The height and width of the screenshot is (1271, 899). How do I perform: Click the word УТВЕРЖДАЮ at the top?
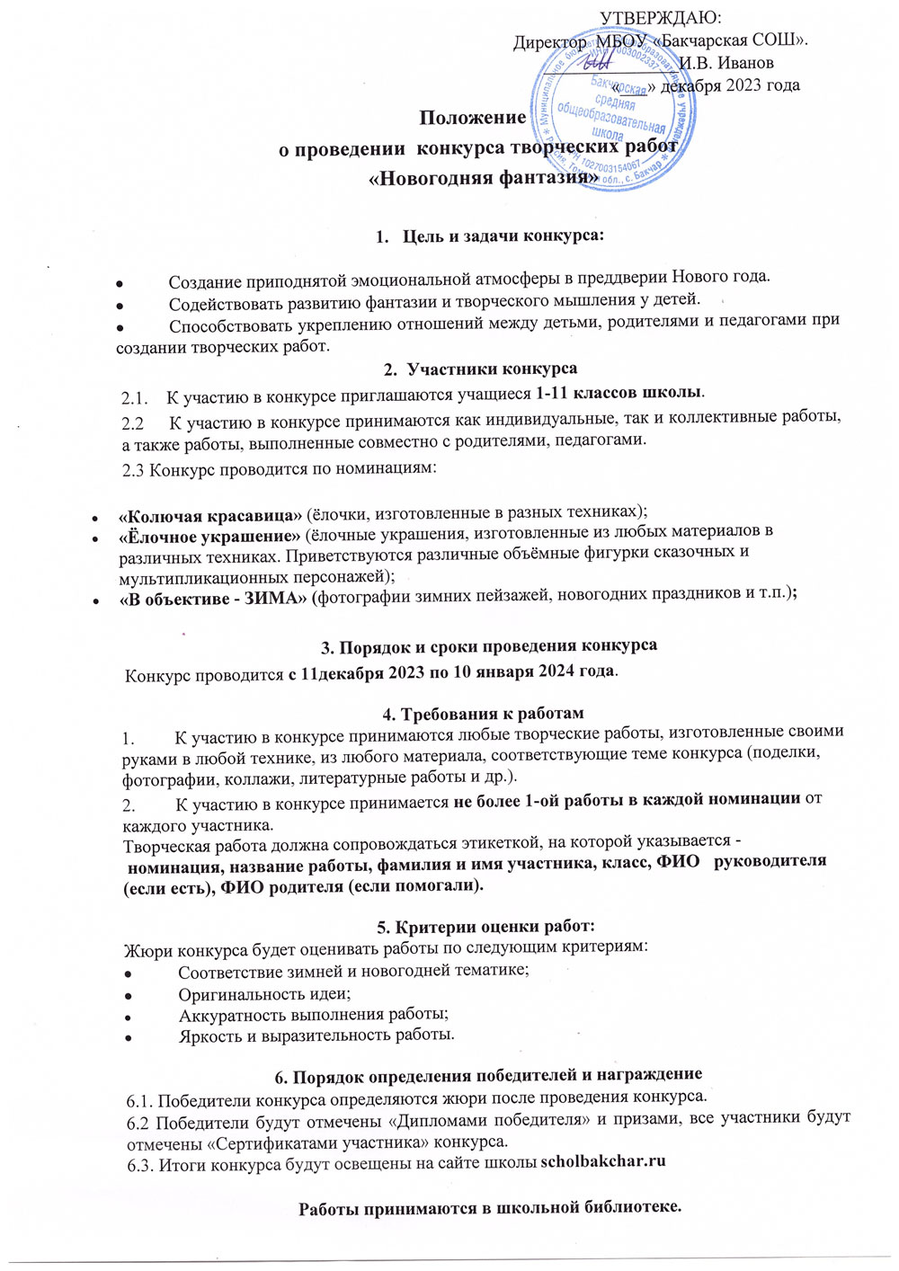tap(662, 18)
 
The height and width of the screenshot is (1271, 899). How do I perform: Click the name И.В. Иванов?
tap(726, 63)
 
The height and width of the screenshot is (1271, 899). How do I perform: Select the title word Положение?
tap(473, 118)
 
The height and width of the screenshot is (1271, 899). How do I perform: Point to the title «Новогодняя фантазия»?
tap(485, 177)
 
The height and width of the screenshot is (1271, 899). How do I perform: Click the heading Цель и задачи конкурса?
tap(503, 236)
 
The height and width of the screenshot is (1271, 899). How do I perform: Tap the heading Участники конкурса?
tap(492, 369)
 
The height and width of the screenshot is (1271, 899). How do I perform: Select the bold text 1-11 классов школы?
tap(619, 393)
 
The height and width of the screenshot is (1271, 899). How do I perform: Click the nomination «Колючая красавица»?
tap(210, 515)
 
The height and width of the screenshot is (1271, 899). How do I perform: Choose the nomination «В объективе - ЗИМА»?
tap(213, 599)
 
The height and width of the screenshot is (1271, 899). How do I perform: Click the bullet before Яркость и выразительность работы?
tap(129, 1036)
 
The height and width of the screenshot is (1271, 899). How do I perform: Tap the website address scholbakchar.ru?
tap(602, 1160)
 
